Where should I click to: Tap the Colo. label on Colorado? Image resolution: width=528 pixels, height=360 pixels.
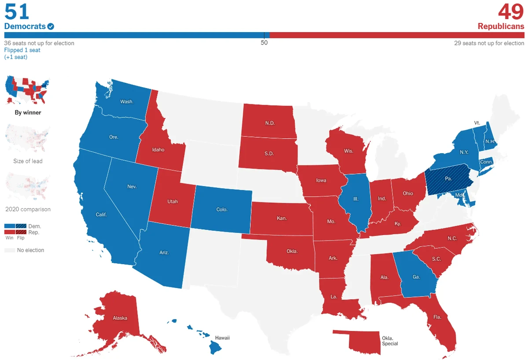[x=222, y=209]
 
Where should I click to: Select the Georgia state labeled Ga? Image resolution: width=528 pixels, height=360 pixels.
[x=416, y=277]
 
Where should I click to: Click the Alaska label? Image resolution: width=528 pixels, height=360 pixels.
[x=120, y=318]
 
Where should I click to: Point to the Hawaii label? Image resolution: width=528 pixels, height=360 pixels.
[x=222, y=338]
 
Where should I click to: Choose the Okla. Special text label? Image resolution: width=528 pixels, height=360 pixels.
[x=390, y=341]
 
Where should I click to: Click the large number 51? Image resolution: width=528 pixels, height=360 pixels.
[x=17, y=11]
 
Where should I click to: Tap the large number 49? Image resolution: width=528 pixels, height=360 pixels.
[x=511, y=11]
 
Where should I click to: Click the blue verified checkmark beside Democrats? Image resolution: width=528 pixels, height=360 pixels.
[x=51, y=26]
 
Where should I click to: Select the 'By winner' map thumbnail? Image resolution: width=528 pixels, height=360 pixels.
[x=27, y=90]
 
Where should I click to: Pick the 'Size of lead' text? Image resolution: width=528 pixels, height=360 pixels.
[x=28, y=161]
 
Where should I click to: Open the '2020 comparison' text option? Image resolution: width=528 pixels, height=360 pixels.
[x=28, y=209]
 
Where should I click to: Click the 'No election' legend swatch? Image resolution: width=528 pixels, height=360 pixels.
[x=10, y=250]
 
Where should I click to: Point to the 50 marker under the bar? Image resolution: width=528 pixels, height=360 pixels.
[x=264, y=43]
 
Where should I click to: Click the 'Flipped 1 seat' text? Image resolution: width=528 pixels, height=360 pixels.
[x=22, y=50]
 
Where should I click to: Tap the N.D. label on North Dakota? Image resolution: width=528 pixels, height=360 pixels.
[x=270, y=123]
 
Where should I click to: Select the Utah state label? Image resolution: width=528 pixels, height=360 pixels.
[x=172, y=202]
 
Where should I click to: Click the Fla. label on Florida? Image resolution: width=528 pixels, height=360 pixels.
[x=437, y=317]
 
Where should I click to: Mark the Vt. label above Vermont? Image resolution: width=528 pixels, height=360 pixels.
[x=477, y=123]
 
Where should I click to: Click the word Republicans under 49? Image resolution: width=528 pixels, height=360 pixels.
[x=501, y=26]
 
